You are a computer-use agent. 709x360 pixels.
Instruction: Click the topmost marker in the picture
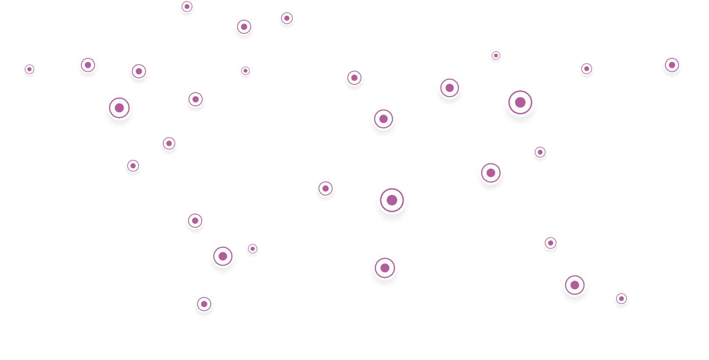187,7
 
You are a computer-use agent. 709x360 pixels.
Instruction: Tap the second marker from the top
287,18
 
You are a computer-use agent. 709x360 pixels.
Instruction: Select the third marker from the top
244,27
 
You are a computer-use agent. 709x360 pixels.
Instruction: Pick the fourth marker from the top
495,56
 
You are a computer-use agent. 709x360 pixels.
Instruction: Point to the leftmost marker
29,69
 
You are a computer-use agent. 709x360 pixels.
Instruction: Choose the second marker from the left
88,65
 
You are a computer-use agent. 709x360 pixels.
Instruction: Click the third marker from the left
119,108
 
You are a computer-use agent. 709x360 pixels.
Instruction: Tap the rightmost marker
672,65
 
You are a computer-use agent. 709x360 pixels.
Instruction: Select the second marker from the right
621,299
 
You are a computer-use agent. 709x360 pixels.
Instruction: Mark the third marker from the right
586,69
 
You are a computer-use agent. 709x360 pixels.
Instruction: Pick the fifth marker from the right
550,243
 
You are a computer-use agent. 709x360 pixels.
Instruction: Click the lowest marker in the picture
204,304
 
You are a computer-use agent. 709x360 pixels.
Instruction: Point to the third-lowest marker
575,285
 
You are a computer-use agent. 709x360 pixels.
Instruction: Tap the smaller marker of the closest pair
252,249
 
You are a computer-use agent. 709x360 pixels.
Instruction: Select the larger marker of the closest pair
223,256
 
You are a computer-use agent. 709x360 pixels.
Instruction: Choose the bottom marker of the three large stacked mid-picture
385,268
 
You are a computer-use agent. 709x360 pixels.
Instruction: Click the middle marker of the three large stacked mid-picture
392,200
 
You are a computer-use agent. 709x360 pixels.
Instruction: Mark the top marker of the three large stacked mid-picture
383,119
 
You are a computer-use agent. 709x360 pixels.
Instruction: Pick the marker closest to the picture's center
325,189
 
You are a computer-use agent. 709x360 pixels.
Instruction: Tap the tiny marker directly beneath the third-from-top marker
245,71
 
